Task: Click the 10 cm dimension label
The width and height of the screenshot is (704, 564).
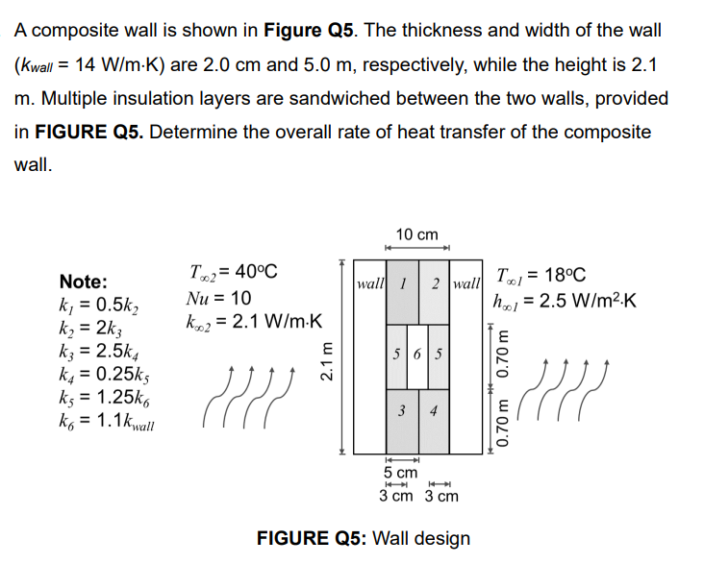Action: pos(416,234)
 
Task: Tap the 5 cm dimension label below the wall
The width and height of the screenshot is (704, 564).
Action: pos(400,473)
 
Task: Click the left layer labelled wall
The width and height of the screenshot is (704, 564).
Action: pos(369,285)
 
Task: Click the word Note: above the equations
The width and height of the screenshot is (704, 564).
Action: pos(84,282)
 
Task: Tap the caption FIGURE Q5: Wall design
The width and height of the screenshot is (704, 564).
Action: pos(363,537)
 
